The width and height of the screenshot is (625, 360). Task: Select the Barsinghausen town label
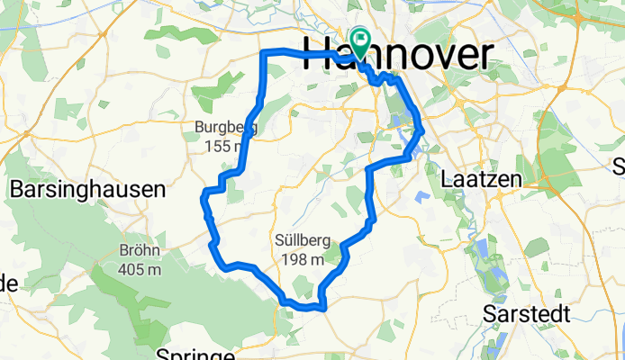coord(87,189)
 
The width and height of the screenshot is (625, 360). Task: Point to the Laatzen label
coord(483,180)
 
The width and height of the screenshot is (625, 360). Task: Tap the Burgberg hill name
coord(225,128)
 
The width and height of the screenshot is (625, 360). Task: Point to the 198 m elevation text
coord(301,259)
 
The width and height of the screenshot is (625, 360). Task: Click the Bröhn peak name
coord(140,250)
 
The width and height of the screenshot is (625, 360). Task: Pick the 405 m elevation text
coord(140,268)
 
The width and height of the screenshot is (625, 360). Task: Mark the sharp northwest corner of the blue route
coord(263,53)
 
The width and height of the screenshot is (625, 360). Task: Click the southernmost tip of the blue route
coord(322,309)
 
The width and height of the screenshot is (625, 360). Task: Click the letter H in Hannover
coord(317,56)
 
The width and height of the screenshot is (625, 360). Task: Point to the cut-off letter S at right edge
coord(619,166)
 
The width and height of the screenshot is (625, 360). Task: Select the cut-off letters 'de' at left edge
coord(7,283)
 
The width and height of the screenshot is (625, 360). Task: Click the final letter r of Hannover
coord(484,56)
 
